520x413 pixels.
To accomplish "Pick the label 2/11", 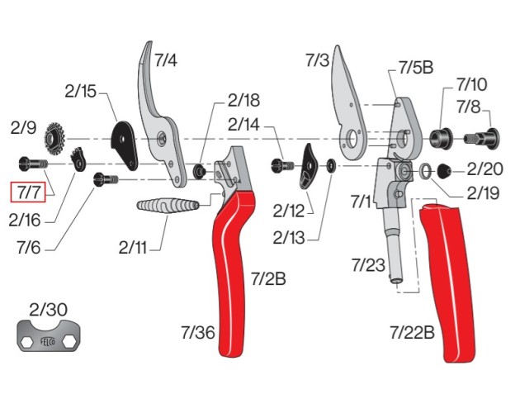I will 135,245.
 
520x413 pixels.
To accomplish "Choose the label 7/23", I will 368,265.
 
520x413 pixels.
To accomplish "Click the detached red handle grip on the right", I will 449,281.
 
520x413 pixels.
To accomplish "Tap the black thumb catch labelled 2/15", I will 126,141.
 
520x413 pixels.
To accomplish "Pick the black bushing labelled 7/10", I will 441,135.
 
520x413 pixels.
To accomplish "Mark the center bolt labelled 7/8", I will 479,137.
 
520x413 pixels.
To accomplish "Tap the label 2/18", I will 243,100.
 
